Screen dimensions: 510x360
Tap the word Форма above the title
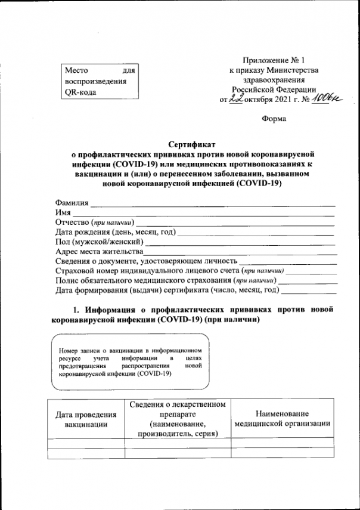274,119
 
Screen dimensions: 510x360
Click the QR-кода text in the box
79,92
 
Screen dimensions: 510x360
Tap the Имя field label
63,212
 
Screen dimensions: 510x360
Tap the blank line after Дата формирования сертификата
308,292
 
